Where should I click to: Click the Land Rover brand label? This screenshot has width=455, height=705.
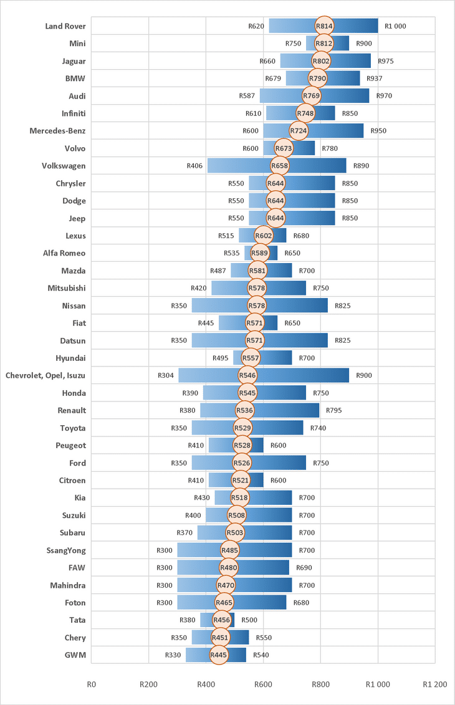coord(65,26)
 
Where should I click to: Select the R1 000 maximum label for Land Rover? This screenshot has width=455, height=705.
coord(396,26)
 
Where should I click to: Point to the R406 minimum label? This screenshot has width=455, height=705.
coord(194,166)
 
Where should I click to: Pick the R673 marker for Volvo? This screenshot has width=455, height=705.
coord(284,148)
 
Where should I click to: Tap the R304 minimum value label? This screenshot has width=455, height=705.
coord(166,375)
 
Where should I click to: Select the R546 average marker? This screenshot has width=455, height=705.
coord(247,375)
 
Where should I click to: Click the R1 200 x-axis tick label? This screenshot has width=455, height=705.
coord(434,684)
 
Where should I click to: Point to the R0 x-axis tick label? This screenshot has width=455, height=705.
coord(92,684)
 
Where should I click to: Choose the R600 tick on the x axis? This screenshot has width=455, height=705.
coord(263,684)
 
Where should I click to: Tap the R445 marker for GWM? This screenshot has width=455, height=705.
coord(218,655)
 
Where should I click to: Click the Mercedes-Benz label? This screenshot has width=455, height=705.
coord(57,131)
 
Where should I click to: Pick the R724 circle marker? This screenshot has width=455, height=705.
coord(299,131)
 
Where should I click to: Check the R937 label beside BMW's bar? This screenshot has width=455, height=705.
coord(375,79)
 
